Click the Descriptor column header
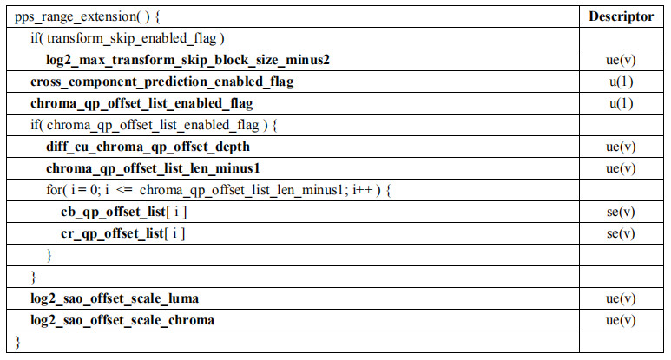pos(621,16)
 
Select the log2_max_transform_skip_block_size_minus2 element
pos(187,60)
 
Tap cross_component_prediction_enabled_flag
pos(161,82)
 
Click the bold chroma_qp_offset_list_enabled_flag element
pos(141,103)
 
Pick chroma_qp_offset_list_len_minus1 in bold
pos(154,168)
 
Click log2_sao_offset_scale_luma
pos(115,298)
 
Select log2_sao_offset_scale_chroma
pos(122,320)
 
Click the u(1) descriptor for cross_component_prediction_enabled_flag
pos(621,82)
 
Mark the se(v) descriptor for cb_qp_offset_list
pos(621,212)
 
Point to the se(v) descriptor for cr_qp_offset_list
pos(621,233)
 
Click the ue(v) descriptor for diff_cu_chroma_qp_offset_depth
pos(621,147)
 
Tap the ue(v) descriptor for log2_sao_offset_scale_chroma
pos(621,320)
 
